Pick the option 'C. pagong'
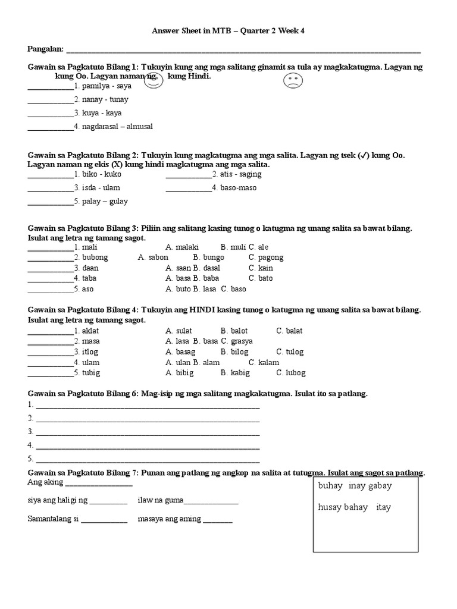(x=266, y=258)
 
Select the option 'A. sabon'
(x=153, y=258)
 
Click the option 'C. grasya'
(x=237, y=341)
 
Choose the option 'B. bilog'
(x=234, y=352)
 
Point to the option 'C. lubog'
(x=291, y=373)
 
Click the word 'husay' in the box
(x=330, y=507)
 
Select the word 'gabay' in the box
(x=380, y=486)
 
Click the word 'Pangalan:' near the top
(x=45, y=48)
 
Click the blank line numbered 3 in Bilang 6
(x=148, y=432)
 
